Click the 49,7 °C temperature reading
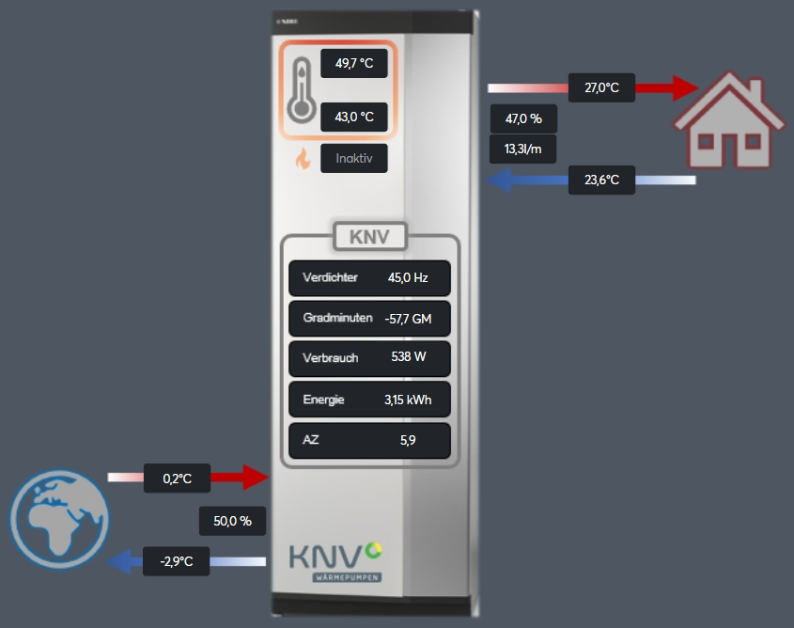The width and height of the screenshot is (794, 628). [354, 63]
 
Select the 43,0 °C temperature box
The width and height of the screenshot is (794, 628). [354, 117]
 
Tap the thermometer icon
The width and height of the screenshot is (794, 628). [302, 89]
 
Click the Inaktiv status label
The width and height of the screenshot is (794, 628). [354, 159]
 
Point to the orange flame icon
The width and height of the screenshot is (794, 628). [303, 159]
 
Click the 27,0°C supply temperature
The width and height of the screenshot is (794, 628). [601, 87]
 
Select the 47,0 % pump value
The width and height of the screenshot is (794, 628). [523, 119]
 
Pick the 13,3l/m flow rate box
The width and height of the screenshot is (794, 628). [523, 149]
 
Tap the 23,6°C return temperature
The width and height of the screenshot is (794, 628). [601, 180]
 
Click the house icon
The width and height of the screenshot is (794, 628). [729, 120]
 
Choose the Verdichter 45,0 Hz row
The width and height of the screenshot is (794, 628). [369, 278]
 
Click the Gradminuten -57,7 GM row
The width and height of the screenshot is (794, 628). [369, 319]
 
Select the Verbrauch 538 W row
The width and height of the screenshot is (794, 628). [369, 358]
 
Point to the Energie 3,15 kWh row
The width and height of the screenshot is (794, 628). [369, 400]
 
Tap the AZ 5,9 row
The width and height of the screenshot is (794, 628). [369, 441]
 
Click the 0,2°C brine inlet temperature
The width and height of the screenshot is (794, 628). [178, 479]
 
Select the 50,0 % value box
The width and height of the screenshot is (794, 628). [232, 521]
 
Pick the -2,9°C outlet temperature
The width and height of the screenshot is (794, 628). [177, 561]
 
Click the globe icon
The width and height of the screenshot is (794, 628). [60, 519]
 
